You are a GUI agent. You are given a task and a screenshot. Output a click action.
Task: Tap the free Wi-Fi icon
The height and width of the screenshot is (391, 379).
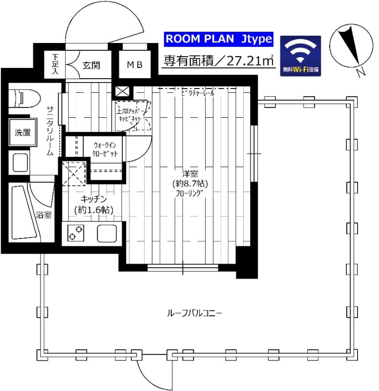click(301, 55)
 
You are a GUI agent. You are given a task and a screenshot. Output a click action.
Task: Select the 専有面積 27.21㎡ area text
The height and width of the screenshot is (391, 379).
click(218, 61)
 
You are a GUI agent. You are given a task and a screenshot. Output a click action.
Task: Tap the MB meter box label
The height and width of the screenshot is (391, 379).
click(134, 65)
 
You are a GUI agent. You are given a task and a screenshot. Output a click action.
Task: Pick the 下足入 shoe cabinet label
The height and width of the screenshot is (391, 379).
click(55, 63)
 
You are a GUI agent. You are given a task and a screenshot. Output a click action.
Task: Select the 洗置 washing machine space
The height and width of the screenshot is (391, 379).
click(22, 132)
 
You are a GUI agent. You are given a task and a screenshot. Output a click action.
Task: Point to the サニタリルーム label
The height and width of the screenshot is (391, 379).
click(50, 130)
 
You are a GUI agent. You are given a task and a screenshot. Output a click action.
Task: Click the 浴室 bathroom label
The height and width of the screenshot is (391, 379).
click(43, 215)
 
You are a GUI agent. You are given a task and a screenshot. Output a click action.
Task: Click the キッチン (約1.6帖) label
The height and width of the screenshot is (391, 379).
click(94, 204)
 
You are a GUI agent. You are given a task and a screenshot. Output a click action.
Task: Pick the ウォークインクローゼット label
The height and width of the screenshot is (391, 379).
click(105, 149)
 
